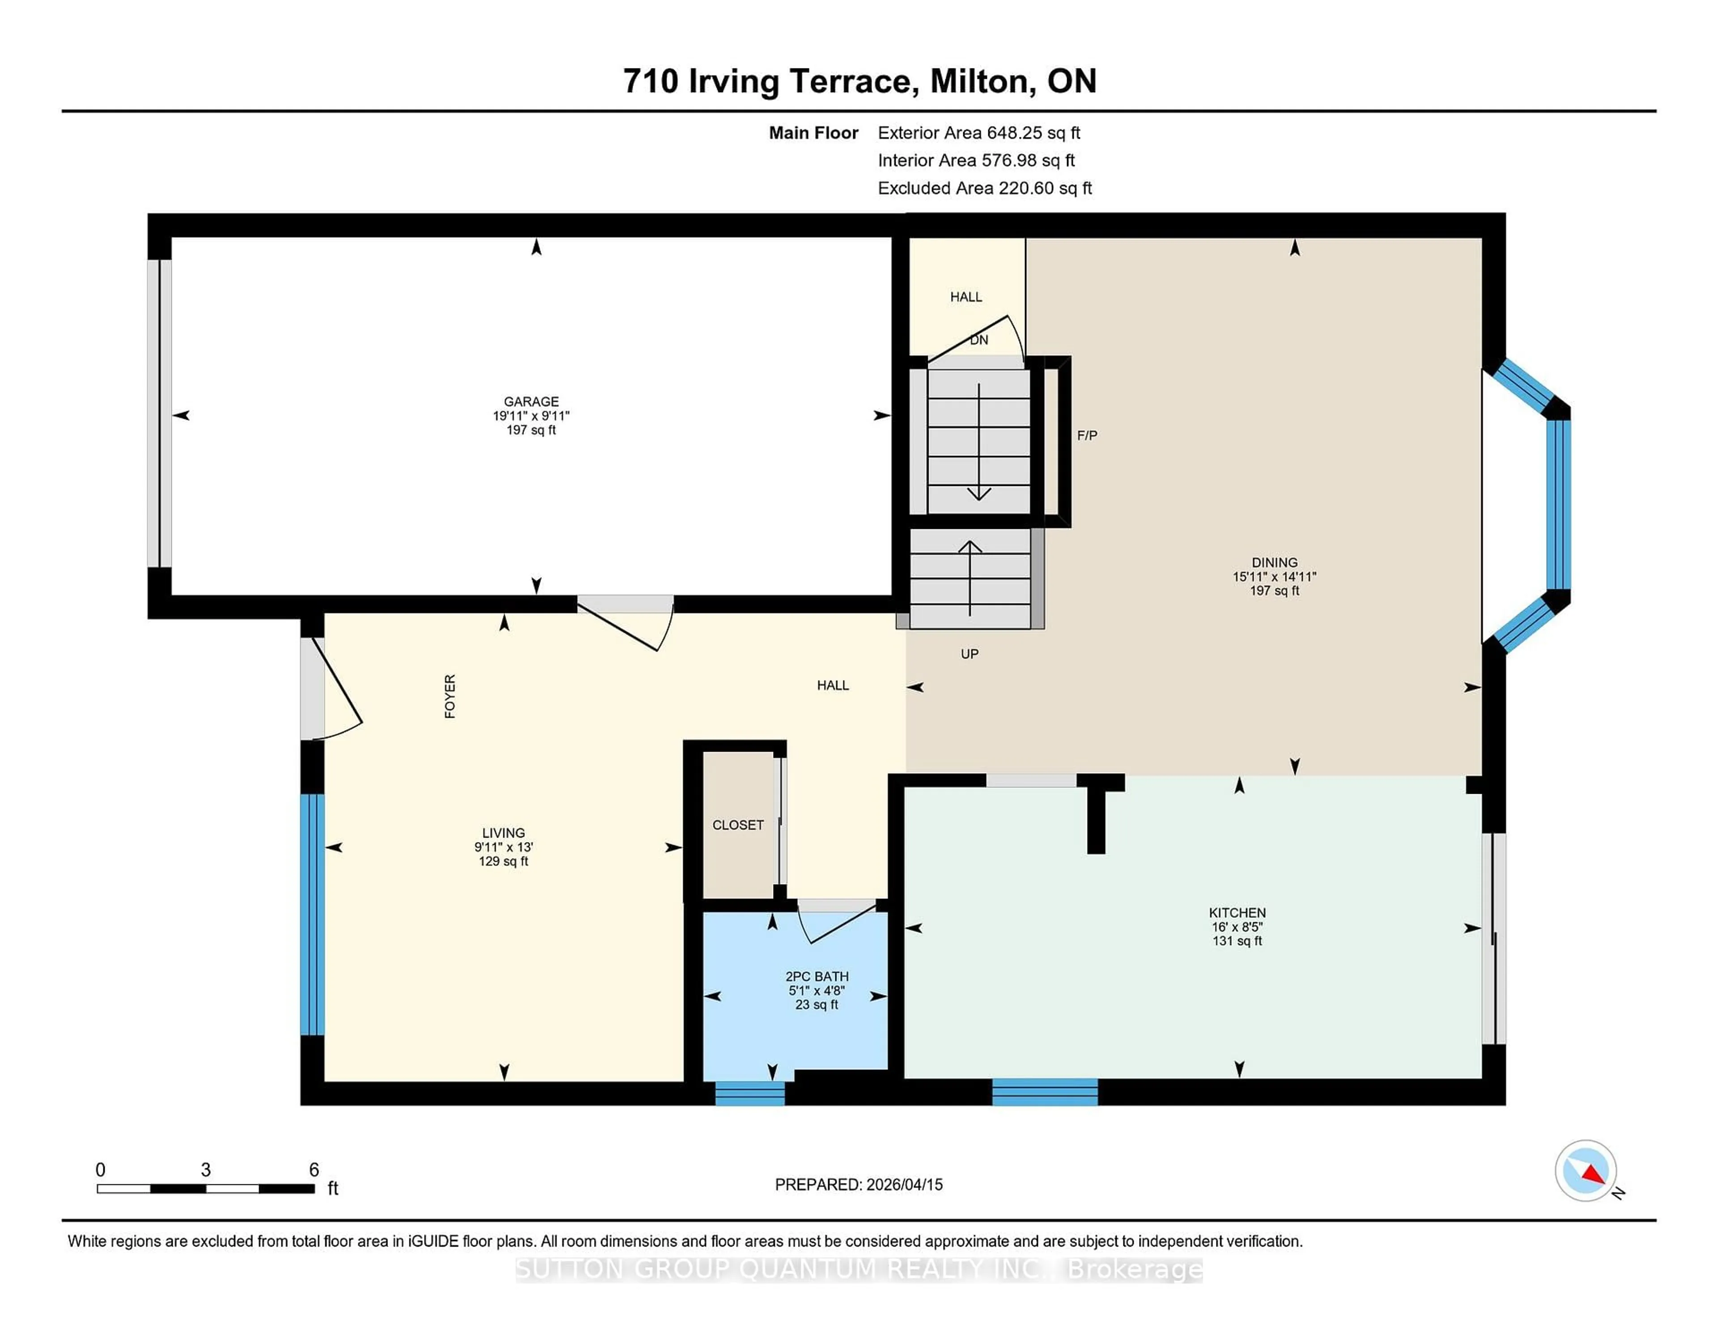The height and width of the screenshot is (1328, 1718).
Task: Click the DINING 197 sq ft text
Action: pyautogui.click(x=1274, y=590)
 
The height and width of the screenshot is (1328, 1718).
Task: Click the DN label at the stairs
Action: pyautogui.click(x=978, y=340)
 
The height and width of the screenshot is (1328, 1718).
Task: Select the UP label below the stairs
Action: pyautogui.click(x=969, y=654)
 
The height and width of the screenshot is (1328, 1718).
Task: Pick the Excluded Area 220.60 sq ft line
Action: pyautogui.click(x=984, y=188)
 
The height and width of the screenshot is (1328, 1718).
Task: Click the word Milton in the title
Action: pyautogui.click(x=978, y=81)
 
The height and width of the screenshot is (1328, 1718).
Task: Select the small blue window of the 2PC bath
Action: pyautogui.click(x=750, y=1093)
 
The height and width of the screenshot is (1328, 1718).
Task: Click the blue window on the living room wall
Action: pyautogui.click(x=312, y=914)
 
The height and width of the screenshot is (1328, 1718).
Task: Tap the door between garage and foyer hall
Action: pyautogui.click(x=625, y=621)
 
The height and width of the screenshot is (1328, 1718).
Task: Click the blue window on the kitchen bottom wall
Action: pyautogui.click(x=1045, y=1092)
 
